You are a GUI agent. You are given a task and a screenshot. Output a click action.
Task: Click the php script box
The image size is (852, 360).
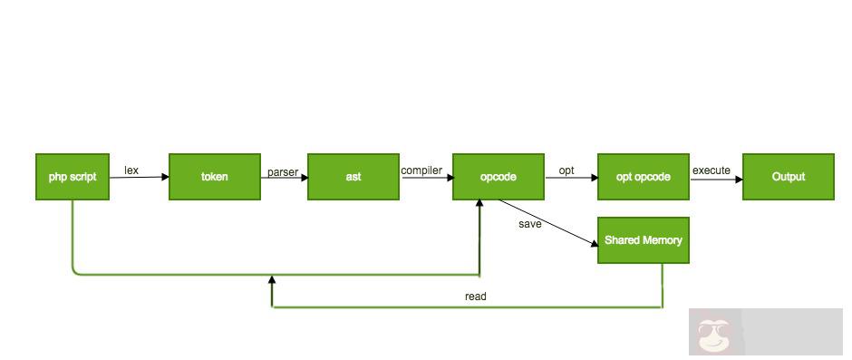coord(73,177)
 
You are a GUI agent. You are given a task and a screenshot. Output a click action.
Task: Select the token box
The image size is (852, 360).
coord(215,177)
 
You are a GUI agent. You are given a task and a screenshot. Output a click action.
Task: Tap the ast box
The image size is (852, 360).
coord(353,177)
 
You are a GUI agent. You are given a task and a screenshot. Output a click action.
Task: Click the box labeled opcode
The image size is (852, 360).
coord(499,177)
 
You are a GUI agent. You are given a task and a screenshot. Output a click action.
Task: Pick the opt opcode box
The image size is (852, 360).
coord(644,177)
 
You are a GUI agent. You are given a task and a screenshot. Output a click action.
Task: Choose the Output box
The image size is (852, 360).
coord(789,177)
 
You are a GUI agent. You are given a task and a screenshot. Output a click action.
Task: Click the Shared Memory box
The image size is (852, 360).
coord(644,240)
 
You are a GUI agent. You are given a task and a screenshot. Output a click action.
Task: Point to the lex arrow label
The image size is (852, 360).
coord(131,170)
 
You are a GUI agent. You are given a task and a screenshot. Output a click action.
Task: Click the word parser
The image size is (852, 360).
coord(283,170)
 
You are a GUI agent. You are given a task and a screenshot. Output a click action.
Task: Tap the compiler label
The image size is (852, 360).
coord(421,170)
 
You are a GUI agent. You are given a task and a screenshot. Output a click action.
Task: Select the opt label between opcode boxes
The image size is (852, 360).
coord(566,170)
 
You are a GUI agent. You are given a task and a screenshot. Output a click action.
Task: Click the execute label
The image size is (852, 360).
coord(712,170)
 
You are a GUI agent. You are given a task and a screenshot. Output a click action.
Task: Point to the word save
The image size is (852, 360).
coord(530,223)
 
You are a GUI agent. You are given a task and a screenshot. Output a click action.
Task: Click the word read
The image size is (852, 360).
coord(475,297)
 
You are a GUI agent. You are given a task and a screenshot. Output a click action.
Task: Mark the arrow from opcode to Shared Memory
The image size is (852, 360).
coord(548,221)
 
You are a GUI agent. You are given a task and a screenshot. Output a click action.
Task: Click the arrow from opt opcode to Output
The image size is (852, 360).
coord(716,179)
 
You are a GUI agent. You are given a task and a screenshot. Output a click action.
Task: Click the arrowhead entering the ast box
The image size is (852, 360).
coord(304,178)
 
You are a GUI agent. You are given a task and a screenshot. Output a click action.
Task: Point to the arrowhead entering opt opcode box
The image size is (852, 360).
coord(594,179)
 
